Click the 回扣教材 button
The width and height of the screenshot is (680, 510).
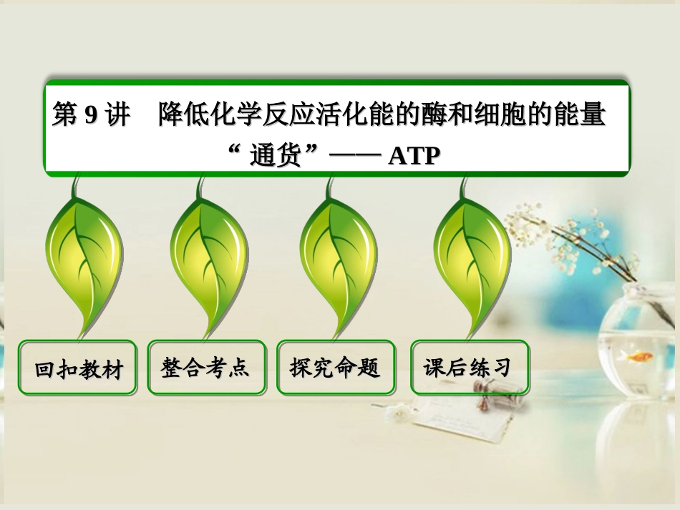78,368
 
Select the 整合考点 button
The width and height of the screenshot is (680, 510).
206,368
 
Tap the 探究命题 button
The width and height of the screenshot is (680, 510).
335,368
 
